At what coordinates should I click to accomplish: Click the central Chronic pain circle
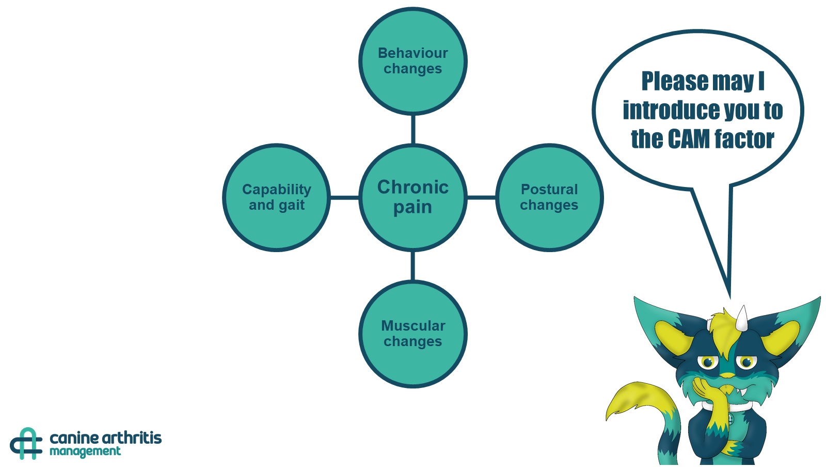click(x=412, y=197)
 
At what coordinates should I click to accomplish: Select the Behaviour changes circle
click(x=412, y=61)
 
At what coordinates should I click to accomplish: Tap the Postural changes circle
click(x=549, y=197)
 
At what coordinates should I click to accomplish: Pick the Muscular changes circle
click(x=412, y=334)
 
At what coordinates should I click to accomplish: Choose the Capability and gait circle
click(x=277, y=197)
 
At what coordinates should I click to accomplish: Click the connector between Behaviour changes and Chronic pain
click(x=412, y=129)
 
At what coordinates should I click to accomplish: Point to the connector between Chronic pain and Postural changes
click(x=481, y=197)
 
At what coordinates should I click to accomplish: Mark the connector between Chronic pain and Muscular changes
click(x=412, y=266)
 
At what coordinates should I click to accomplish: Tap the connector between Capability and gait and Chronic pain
click(x=344, y=197)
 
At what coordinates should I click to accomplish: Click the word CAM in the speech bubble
click(x=689, y=139)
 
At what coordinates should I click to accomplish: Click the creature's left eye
click(x=707, y=362)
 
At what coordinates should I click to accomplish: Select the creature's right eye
click(x=746, y=362)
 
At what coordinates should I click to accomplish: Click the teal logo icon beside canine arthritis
click(x=26, y=443)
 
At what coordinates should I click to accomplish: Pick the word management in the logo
click(x=85, y=452)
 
